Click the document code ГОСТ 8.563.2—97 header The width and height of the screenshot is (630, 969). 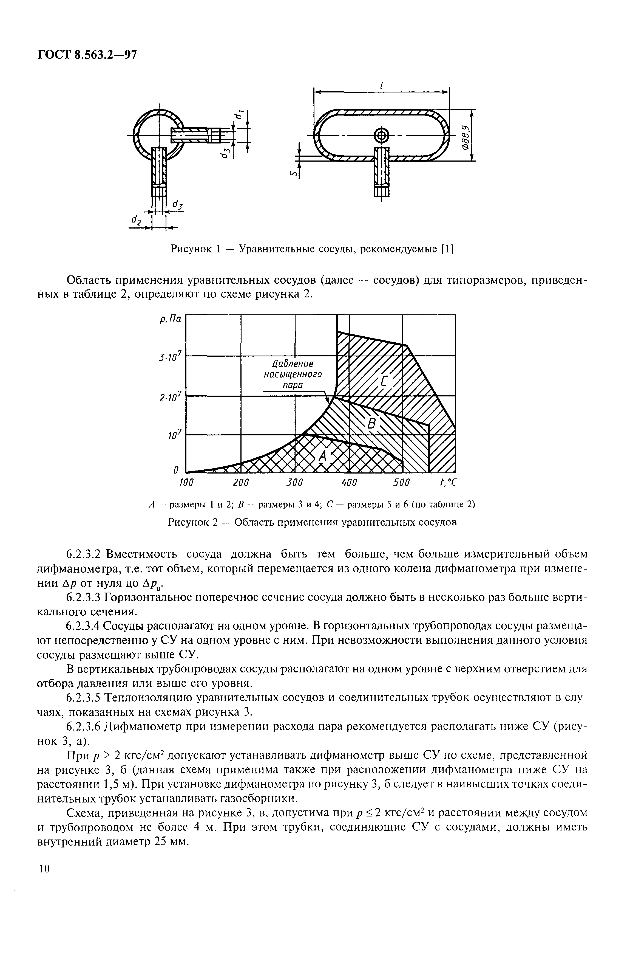click(87, 54)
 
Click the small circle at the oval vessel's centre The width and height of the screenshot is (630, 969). click(381, 135)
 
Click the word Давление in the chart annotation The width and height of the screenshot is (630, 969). click(293, 364)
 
